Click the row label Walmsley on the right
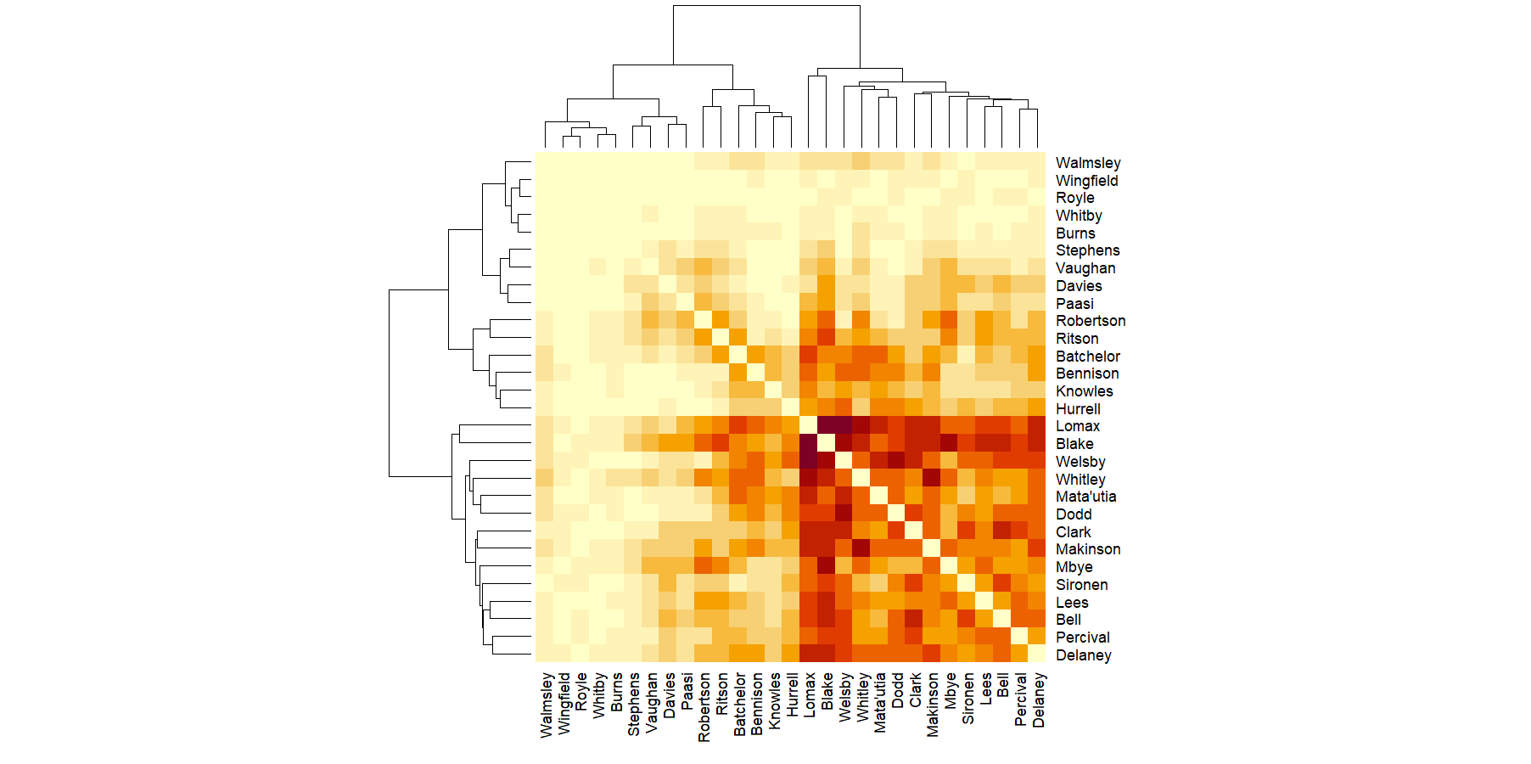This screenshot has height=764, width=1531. coord(1087,163)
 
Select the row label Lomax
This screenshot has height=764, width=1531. coord(1077,426)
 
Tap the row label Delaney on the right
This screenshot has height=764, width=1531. coord(1083,655)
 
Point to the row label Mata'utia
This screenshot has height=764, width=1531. coord(1085,497)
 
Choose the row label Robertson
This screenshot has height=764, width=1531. coord(1090,321)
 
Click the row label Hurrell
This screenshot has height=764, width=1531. coord(1078,409)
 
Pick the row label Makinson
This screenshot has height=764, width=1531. coord(1087,549)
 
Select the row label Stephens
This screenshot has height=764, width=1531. coord(1087,250)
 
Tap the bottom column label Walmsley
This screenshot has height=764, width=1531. coord(546,705)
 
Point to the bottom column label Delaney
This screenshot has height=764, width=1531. coord(1038,699)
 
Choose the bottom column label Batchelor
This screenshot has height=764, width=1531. coord(739,705)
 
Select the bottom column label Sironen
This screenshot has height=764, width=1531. coord(967,698)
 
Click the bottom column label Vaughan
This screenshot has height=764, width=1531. coord(651,702)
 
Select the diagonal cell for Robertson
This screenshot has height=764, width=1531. coord(703,319)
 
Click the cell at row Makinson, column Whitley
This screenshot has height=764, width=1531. coord(861,548)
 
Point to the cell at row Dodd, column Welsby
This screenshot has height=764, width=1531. coord(844,513)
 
